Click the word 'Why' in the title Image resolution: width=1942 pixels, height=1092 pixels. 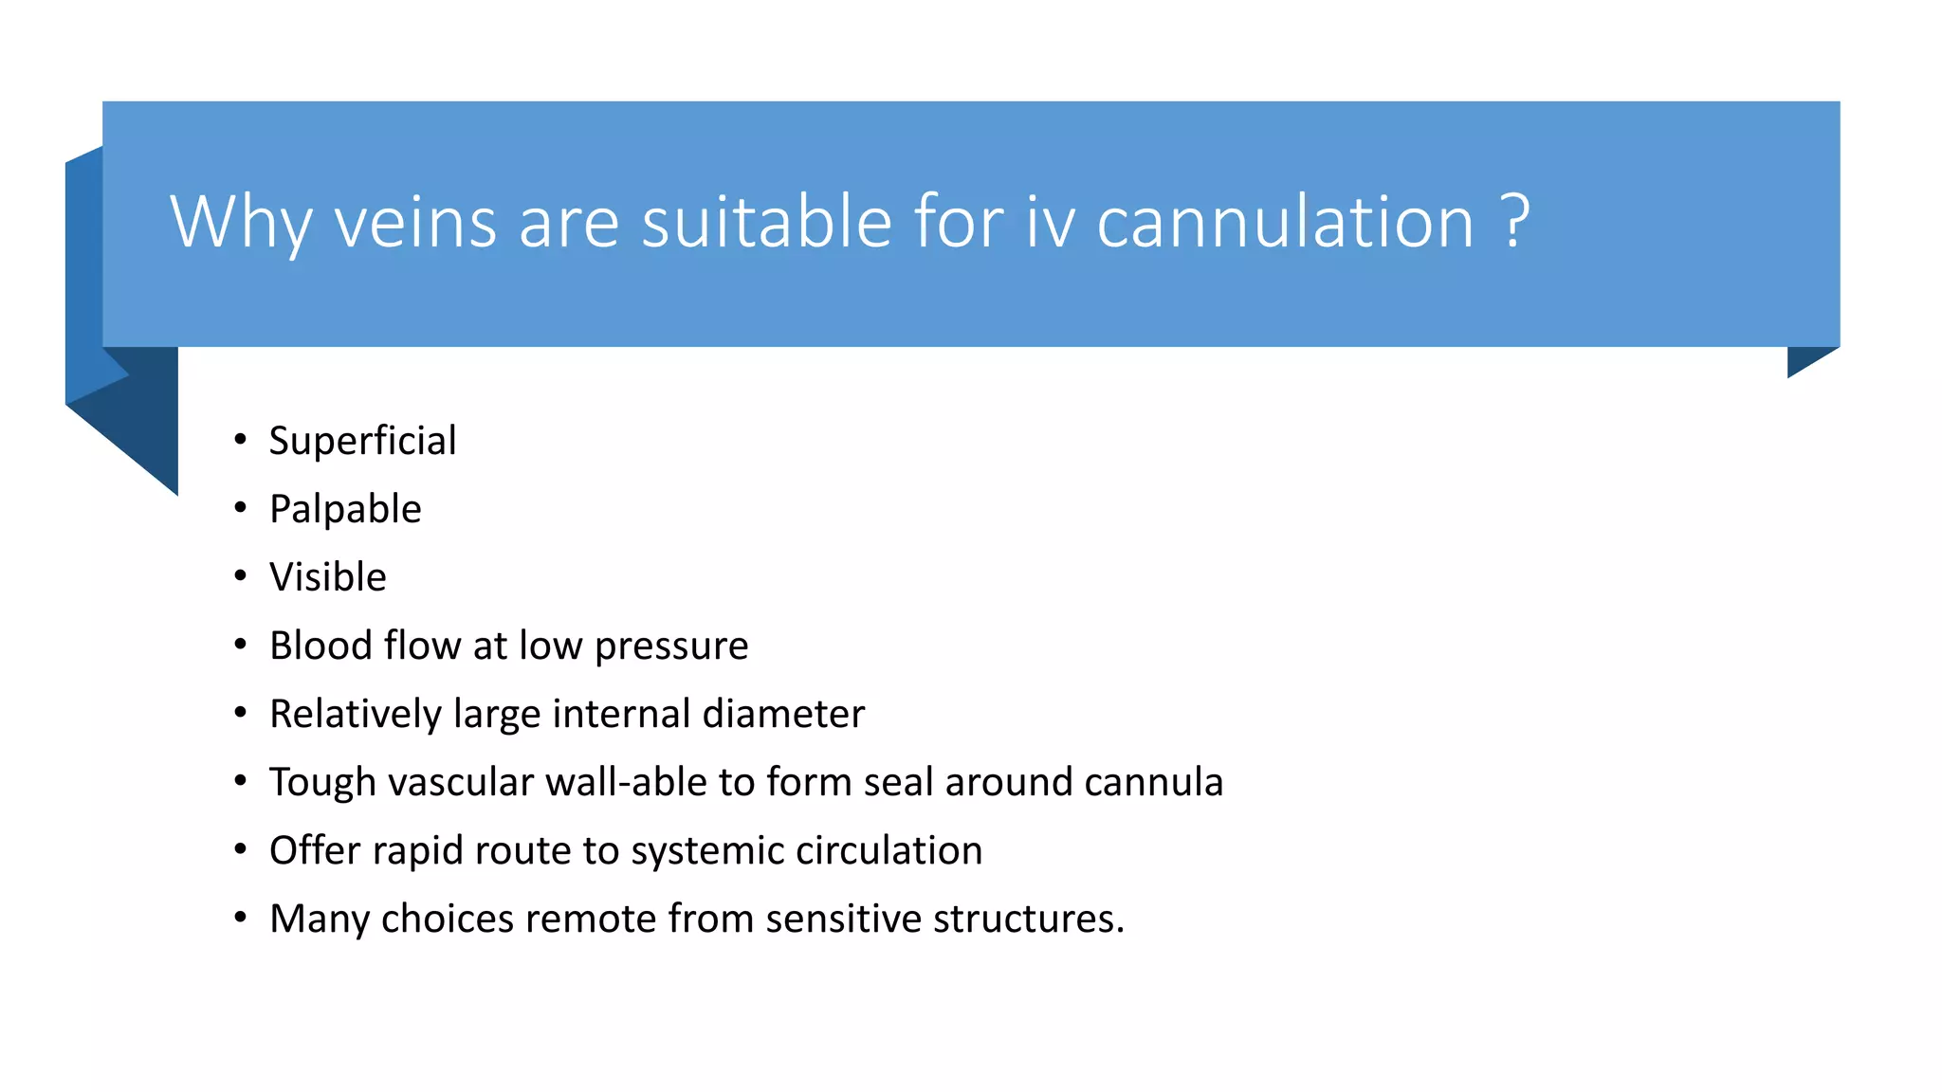(x=241, y=222)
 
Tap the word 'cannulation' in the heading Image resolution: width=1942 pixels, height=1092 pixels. (x=1285, y=222)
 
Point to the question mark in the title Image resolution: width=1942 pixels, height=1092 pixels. (x=1516, y=222)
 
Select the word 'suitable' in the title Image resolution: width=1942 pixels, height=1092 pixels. (x=766, y=222)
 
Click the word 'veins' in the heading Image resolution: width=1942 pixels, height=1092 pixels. (x=415, y=222)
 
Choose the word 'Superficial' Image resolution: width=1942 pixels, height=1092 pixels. (x=362, y=441)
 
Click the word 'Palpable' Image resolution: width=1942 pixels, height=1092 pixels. (x=345, y=509)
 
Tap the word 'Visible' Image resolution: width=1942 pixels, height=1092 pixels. (x=328, y=577)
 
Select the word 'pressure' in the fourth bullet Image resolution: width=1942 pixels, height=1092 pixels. (x=671, y=646)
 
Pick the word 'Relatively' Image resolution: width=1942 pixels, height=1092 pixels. (x=356, y=715)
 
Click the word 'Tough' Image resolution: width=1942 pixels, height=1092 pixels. (x=322, y=783)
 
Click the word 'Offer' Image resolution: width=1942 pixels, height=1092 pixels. (x=315, y=850)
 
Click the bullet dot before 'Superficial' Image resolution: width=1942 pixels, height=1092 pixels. (x=241, y=439)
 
